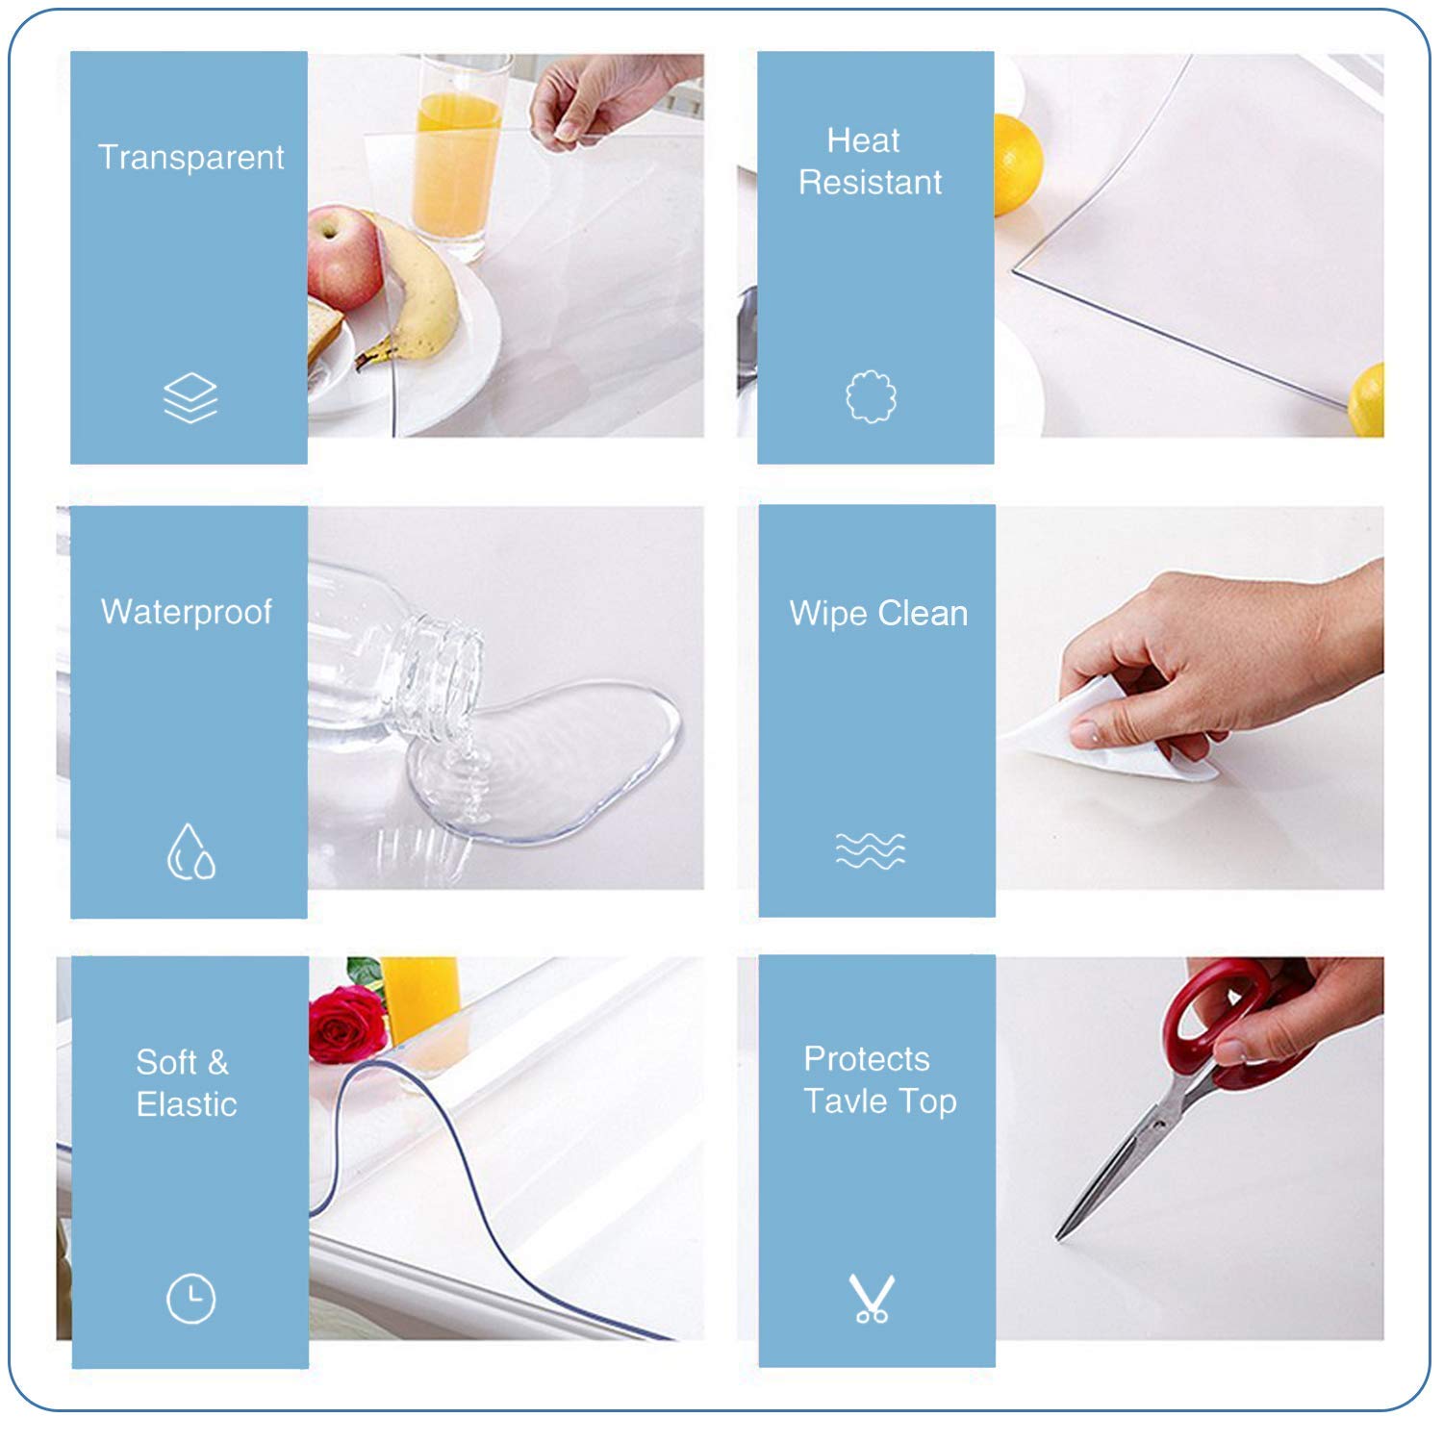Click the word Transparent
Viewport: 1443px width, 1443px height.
coord(190,157)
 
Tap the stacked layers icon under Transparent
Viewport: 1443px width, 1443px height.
coord(190,397)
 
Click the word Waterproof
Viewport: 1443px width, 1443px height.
coord(187,612)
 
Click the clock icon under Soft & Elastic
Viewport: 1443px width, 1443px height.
coord(190,1299)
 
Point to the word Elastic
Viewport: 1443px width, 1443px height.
coord(187,1104)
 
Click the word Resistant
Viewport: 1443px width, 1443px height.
coord(870,182)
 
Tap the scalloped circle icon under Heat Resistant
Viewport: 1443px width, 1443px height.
coord(871,396)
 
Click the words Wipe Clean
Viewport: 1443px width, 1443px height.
coord(877,613)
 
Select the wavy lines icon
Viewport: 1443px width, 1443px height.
coord(870,850)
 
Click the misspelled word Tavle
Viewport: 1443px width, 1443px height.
coord(845,1101)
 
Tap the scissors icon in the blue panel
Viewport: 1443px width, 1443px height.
coord(872,1299)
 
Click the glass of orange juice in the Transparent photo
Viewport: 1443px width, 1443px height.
coord(458,154)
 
